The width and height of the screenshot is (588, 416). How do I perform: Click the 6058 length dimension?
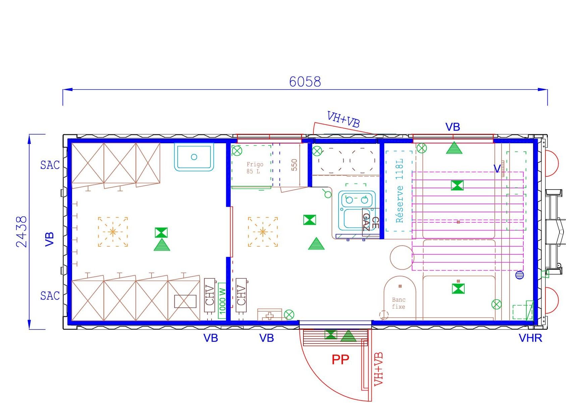tap(305, 82)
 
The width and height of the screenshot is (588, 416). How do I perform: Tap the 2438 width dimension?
tap(22, 231)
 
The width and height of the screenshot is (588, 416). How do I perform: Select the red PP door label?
tap(340, 360)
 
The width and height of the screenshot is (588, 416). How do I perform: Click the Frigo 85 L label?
tap(254, 168)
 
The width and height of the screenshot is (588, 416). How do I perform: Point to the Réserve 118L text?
tap(399, 191)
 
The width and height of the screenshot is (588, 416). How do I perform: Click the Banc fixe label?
tap(399, 303)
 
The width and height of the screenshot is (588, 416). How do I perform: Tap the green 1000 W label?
tap(222, 300)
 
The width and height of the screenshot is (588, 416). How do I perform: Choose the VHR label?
tap(530, 338)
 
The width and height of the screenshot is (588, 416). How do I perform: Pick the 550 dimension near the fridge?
tap(294, 165)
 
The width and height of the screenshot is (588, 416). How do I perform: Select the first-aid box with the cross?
tap(270, 315)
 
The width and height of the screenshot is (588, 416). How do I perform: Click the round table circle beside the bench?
tap(402, 257)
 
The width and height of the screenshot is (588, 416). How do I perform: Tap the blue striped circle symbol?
tap(520, 275)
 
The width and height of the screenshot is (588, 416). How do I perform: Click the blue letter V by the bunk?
tap(497, 169)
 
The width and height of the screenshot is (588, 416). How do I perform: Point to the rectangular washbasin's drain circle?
tap(194, 157)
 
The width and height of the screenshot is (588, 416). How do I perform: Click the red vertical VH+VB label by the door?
tap(378, 369)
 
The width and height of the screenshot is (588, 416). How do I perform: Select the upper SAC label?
tap(50, 165)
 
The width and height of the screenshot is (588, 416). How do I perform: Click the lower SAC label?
tap(50, 296)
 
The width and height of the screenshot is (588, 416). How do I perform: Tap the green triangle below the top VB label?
tap(454, 148)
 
